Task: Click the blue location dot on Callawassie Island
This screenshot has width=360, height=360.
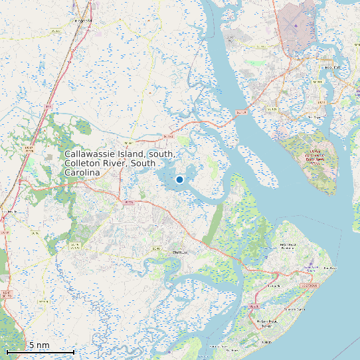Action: point(179,179)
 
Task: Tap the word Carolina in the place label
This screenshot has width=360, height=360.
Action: point(82,172)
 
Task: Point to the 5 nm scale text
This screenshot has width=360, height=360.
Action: point(39,345)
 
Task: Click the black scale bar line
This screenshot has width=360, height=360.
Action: point(40,351)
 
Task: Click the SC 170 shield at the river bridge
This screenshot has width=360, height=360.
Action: point(241,112)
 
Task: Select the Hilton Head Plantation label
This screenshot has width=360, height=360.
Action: point(287,248)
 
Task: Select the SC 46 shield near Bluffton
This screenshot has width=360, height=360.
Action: point(157,248)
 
